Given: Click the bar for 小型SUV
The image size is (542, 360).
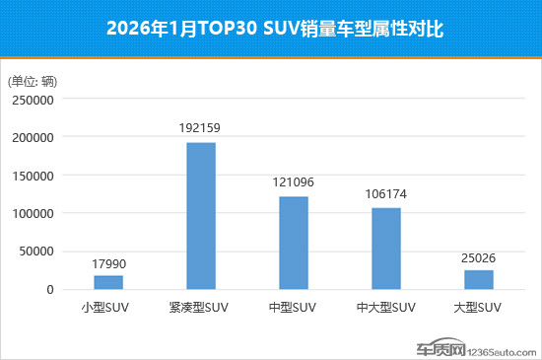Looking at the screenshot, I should tap(108, 282).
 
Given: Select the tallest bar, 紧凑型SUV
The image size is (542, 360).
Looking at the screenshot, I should tap(201, 216).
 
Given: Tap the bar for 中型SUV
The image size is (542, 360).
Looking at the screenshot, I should tap(294, 243).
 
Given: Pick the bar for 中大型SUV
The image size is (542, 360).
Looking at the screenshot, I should tap(386, 249).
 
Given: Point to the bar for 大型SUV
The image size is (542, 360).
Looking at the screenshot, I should tap(479, 279).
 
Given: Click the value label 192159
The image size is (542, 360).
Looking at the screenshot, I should tap(201, 129).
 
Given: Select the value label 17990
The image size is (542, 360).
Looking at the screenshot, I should tap(108, 263).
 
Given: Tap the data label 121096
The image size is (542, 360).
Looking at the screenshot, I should tap(294, 183).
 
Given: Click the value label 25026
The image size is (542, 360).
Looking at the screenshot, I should tap(479, 257).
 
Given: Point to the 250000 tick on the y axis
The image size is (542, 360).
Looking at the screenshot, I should tap(34, 99).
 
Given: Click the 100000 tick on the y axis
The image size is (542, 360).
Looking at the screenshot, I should tap(34, 213).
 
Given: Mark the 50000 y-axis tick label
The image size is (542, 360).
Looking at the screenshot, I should tap(36, 252).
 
